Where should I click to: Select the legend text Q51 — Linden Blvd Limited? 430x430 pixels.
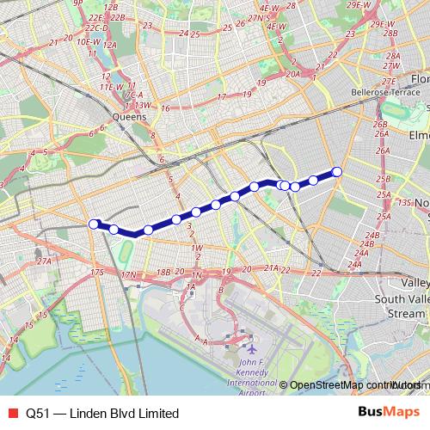pos(102,413)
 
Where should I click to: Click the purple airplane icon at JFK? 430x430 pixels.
pos(251,349)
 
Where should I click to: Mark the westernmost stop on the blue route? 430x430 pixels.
pos(93,224)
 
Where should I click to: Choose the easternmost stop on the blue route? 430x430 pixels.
pos(337,172)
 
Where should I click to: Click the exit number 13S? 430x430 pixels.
pos(405,202)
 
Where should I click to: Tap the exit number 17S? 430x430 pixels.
pos(95,273)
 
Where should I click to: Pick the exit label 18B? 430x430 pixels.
pos(163,273)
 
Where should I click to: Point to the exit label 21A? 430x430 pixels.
pos(270,268)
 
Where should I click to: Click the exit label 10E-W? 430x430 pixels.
pos(89,40)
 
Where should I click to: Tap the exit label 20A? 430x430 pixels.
pos(292,74)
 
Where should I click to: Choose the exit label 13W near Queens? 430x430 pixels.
pos(143,105)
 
